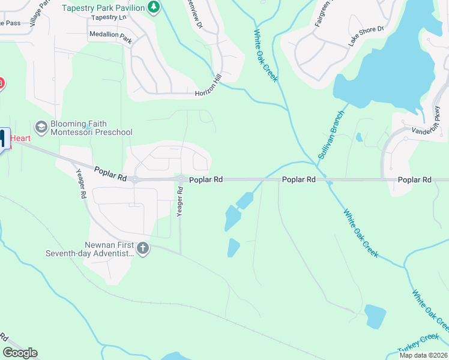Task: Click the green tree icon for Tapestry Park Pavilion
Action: [154, 7]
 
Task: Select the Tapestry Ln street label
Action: [109, 17]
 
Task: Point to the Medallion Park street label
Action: [110, 35]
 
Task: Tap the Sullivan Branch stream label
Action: [331, 134]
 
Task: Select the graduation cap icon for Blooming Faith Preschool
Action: [41, 127]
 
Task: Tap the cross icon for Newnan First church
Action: [142, 248]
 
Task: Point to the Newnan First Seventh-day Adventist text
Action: [89, 249]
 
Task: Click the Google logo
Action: [20, 353]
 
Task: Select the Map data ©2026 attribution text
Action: [423, 355]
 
